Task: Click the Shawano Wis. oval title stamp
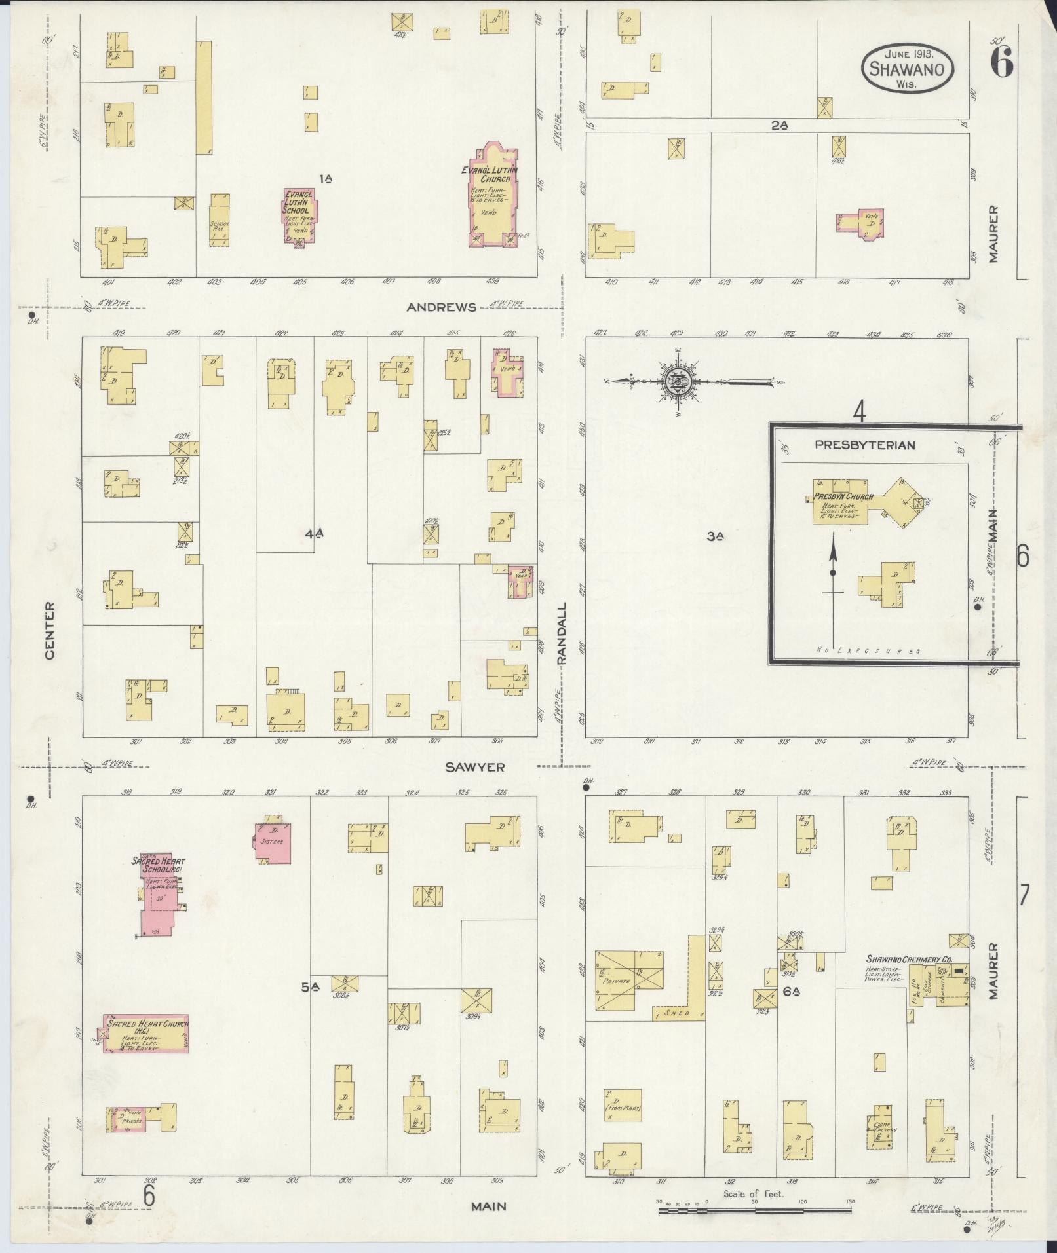click(x=907, y=69)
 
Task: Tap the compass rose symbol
click(x=676, y=381)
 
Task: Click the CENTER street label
click(x=50, y=630)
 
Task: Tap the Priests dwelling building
click(x=132, y=1120)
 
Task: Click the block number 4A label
click(x=314, y=534)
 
